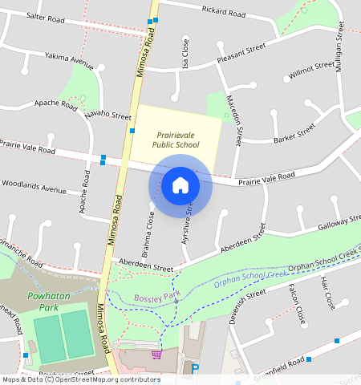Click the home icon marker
180,186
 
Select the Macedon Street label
237,119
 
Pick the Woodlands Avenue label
34,189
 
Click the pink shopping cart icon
156,354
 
